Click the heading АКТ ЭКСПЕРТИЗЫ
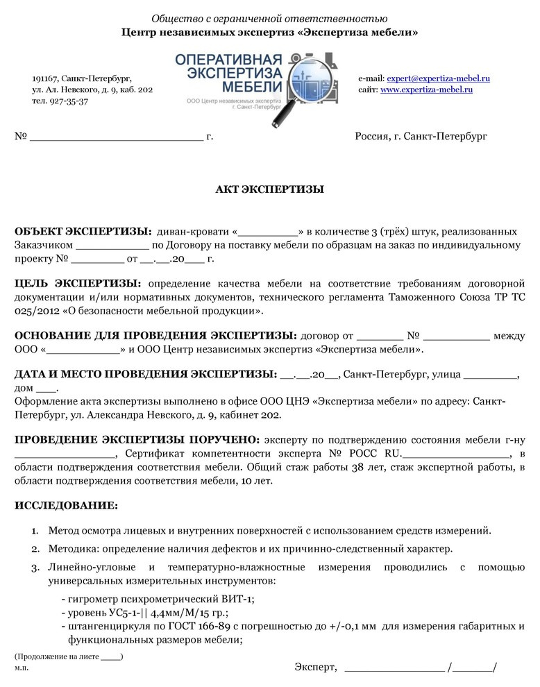(269, 189)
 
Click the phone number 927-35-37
(69, 101)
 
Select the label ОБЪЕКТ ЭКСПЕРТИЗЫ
(83, 231)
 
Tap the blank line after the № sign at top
(116, 137)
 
